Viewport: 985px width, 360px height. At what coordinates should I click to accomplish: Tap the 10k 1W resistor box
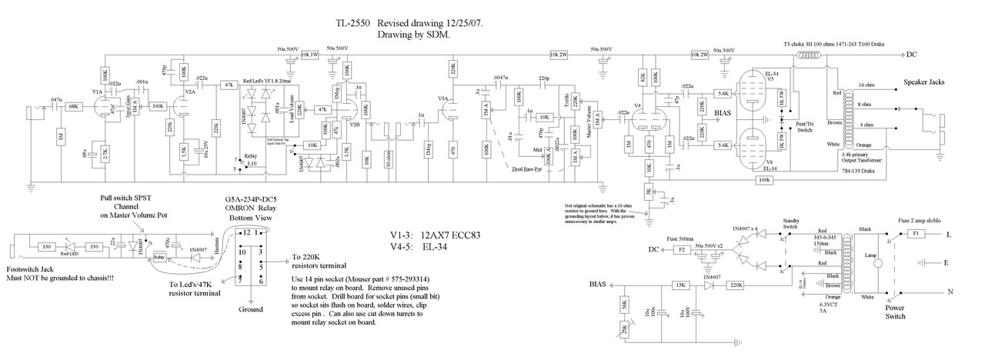(309, 55)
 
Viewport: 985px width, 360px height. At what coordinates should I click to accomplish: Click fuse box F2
(680, 249)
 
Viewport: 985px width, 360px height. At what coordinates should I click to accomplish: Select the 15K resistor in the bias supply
(680, 285)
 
